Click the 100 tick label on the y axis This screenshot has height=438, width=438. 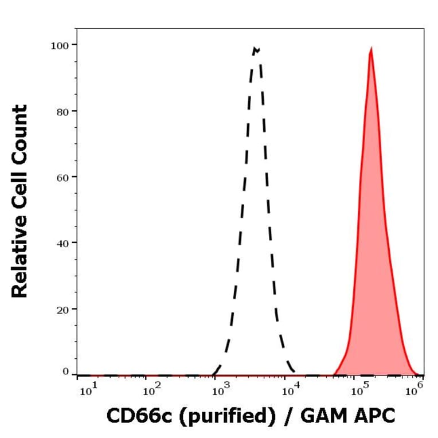coord(59,45)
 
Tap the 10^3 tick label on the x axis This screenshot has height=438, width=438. coord(220,391)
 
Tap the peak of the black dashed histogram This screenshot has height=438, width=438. coord(256,49)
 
